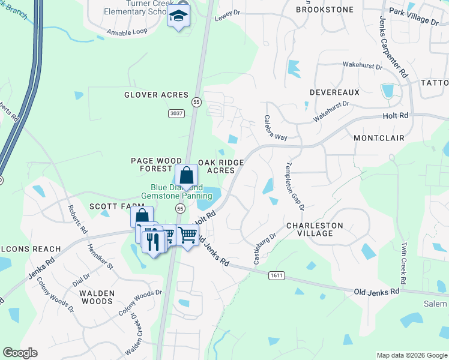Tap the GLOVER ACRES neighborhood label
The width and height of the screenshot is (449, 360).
[x=156, y=95]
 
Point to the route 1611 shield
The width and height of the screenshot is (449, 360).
[x=277, y=275]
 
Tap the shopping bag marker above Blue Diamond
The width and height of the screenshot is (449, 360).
[x=187, y=176]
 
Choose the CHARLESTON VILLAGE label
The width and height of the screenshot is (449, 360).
[x=314, y=230]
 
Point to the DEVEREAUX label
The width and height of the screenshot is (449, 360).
[x=334, y=92]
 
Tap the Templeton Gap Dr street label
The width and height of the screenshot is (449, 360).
[x=295, y=186]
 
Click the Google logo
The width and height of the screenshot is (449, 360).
[x=20, y=353]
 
